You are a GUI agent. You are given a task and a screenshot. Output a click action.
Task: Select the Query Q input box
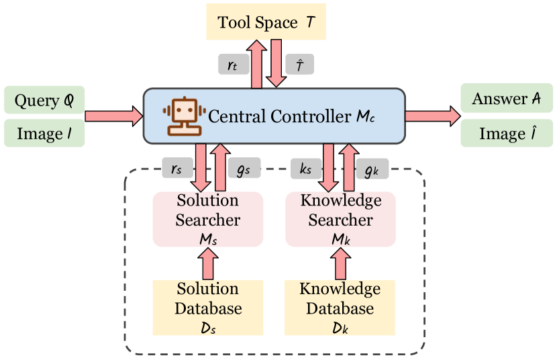(x=44, y=100)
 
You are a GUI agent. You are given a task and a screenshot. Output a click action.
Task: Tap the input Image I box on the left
(x=44, y=133)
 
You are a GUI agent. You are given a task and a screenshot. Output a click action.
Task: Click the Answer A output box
(x=507, y=99)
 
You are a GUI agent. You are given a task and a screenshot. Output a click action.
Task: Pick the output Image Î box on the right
(x=507, y=134)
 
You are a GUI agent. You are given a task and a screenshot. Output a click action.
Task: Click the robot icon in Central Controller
(x=183, y=116)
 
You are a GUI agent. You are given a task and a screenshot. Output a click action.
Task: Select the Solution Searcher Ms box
(x=207, y=219)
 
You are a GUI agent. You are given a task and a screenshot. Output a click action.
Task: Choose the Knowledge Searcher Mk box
(x=340, y=219)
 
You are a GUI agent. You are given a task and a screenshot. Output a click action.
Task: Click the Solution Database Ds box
(x=207, y=308)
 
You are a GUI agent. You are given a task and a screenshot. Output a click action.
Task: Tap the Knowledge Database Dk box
(x=340, y=308)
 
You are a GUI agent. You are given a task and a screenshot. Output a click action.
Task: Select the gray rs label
(x=176, y=169)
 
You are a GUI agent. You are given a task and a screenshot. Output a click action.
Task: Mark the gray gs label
(x=244, y=169)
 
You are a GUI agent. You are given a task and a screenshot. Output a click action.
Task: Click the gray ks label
(x=305, y=169)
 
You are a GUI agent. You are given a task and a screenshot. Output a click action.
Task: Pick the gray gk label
(x=371, y=169)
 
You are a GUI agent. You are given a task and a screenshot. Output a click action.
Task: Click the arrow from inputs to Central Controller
(x=113, y=116)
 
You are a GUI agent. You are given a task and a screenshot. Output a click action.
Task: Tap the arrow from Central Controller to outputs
(x=432, y=116)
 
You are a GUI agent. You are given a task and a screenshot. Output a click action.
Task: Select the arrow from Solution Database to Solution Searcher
(x=207, y=264)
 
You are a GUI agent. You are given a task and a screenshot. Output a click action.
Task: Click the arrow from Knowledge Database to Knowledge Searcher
(x=340, y=264)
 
